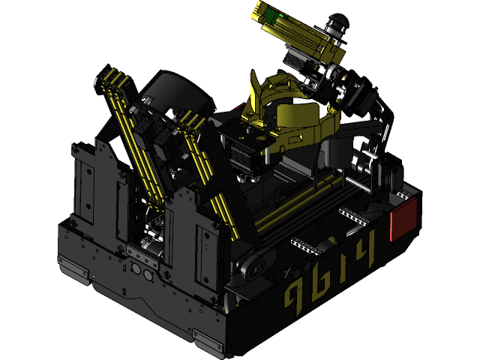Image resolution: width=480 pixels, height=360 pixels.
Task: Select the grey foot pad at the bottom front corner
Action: tap(211, 342)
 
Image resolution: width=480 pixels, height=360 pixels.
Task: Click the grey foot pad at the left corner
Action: tap(73, 264)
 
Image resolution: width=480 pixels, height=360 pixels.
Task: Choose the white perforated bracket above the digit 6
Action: tap(307, 245)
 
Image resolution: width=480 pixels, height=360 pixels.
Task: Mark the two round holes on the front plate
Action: tap(140, 268)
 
